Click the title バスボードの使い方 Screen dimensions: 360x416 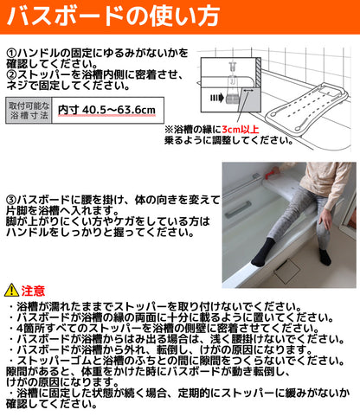pyautogui.click(x=113, y=16)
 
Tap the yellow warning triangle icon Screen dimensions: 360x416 pyautogui.click(x=11, y=290)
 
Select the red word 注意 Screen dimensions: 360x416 pyautogui.click(x=33, y=291)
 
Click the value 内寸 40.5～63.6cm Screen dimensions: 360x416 pyautogui.click(x=106, y=110)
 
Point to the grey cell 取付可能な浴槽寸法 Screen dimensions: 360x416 pyautogui.click(x=29, y=111)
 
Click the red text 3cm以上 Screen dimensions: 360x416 pyautogui.click(x=241, y=130)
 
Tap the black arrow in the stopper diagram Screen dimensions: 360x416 pyautogui.click(x=217, y=98)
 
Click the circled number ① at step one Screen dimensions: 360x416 pyautogui.click(x=11, y=53)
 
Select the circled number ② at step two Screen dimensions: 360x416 pyautogui.click(x=11, y=75)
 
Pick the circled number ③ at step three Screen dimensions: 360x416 pyautogui.click(x=11, y=200)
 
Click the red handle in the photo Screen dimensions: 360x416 pyautogui.click(x=270, y=173)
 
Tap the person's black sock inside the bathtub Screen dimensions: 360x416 pyautogui.click(x=261, y=253)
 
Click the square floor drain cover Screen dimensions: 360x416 pyautogui.click(x=287, y=272)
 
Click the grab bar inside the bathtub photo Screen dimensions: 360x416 pyautogui.click(x=237, y=209)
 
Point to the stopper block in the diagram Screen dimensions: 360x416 pyautogui.click(x=233, y=98)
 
